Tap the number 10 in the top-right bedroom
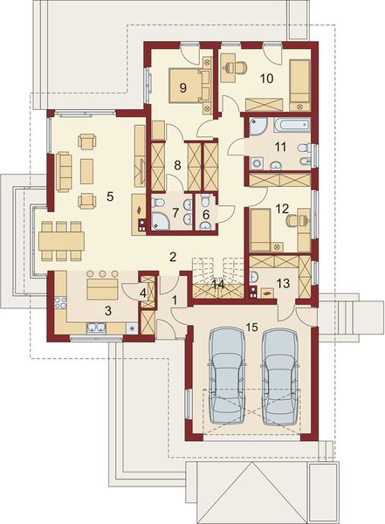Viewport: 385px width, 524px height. [267, 79]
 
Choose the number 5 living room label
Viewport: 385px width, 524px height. [110, 196]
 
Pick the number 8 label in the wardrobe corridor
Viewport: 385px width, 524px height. [176, 164]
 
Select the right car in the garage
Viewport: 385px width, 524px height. [280, 382]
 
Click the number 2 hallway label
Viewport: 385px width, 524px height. [174, 257]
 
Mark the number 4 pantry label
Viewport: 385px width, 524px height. [143, 293]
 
